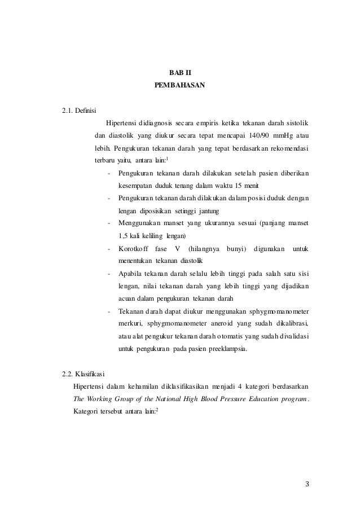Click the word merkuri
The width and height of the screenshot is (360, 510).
pyautogui.click(x=130, y=324)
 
